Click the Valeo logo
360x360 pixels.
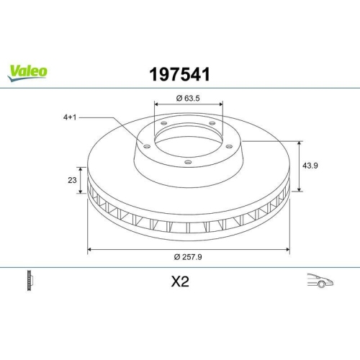[28, 71]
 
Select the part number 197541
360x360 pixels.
[179, 73]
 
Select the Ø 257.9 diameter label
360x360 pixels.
[189, 257]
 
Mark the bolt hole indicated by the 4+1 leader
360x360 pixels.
[146, 146]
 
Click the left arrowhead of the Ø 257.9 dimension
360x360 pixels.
[89, 250]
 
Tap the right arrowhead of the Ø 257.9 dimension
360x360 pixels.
[288, 250]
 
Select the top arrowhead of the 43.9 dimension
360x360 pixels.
[299, 142]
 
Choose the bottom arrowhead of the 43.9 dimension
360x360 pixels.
[299, 192]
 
